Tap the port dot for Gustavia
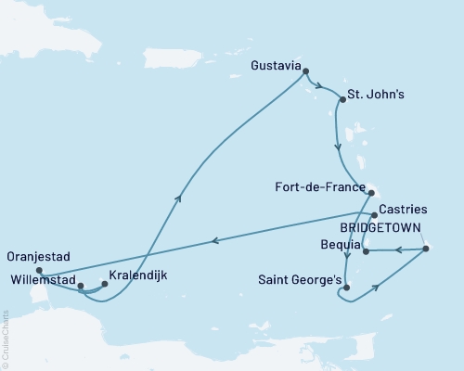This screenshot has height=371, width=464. point(306,71)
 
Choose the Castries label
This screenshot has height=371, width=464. point(405,212)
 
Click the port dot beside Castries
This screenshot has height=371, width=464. point(374,214)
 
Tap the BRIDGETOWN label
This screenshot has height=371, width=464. point(380,227)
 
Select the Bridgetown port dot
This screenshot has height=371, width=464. point(424,248)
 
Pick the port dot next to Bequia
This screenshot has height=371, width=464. point(366,250)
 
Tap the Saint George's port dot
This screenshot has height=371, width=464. point(346,288)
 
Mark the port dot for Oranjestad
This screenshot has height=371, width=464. point(39,271)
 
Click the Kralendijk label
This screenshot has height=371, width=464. point(138,275)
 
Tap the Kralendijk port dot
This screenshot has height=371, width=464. point(104,285)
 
